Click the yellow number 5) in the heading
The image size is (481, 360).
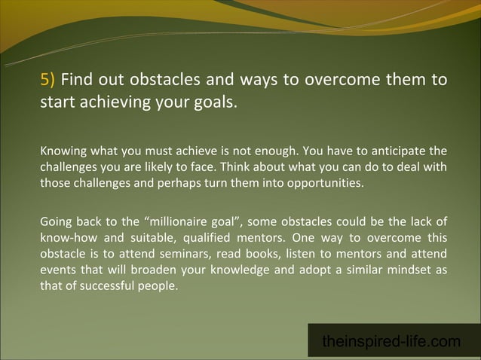coord(48,80)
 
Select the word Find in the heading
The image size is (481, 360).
coord(75,80)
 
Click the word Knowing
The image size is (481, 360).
coord(63,151)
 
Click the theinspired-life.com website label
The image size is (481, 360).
coord(391,341)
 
